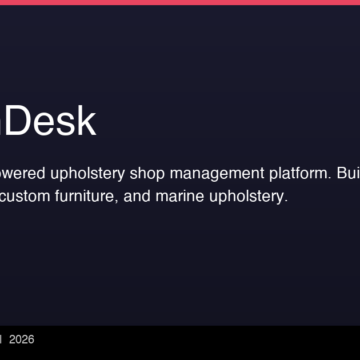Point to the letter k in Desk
pyautogui.click(x=86, y=122)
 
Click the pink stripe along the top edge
pyautogui.click(x=180, y=2)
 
